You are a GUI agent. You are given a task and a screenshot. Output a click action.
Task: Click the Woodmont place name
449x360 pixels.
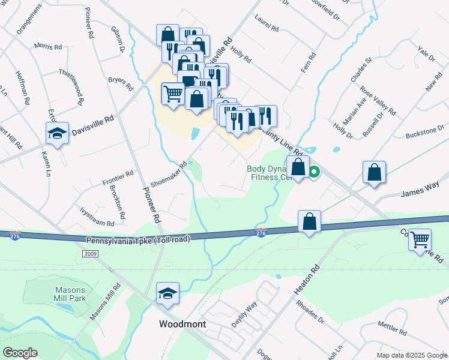point(182,324)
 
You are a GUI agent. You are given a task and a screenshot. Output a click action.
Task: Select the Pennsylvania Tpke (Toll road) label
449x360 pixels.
point(137,239)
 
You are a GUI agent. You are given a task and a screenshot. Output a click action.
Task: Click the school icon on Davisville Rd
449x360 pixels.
point(57,133)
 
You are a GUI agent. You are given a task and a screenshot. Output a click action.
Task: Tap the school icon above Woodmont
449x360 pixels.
point(167,293)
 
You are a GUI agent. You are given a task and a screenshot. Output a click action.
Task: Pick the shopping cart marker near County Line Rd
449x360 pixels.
point(420,240)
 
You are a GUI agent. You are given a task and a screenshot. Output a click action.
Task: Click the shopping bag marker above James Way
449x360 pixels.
point(374,172)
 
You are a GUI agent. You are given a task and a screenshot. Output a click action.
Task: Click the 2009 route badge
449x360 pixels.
point(90,254)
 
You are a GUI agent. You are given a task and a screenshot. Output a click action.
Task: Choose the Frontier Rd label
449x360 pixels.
point(118,176)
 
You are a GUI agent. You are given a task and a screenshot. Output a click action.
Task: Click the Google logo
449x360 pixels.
point(20,353)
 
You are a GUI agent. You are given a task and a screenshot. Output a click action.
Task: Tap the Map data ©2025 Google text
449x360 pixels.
point(412,355)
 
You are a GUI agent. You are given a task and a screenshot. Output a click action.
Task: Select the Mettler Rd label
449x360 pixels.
point(393,328)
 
